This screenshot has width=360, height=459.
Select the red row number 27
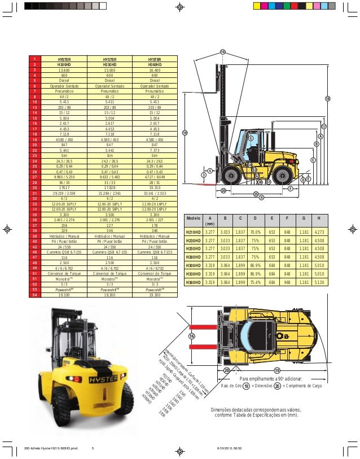(34, 177)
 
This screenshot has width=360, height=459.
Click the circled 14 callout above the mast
(222, 53)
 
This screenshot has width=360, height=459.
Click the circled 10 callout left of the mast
(185, 132)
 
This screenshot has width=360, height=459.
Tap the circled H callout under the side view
(261, 197)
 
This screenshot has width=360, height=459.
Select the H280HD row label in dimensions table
(194, 256)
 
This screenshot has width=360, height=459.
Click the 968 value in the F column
(288, 282)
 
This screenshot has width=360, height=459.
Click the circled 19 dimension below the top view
(277, 370)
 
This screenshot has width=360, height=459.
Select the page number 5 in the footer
(92, 448)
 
